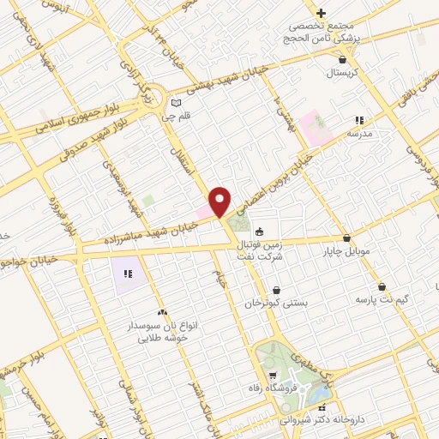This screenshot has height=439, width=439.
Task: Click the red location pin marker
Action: click(220, 201)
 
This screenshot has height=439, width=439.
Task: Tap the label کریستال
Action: click(344, 75)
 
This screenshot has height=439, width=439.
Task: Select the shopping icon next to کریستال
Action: click(344, 60)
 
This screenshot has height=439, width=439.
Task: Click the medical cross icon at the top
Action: click(322, 13)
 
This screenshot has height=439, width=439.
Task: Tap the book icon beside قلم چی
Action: click(177, 101)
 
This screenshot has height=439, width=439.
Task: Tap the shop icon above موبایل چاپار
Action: click(346, 238)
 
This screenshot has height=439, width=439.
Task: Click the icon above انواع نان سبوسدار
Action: click(163, 313)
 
